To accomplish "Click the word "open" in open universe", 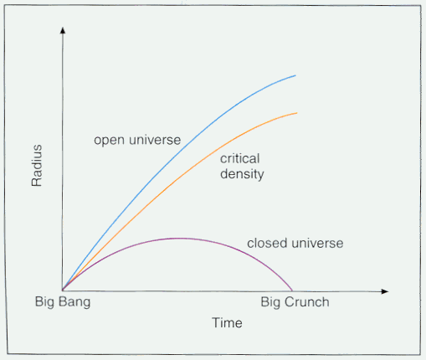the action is coord(109,141).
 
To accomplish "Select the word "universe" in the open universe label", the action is coord(155,140).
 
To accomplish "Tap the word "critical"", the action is coord(240,158).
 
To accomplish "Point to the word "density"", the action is coord(242,174).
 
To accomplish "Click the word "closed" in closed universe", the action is coord(267,243).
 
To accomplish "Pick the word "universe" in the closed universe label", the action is coord(317,243).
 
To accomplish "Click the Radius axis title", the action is coord(37,166).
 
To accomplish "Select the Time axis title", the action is coord(227,323).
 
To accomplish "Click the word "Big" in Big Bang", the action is coord(44,302).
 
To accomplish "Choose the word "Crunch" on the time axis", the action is coord(307,302).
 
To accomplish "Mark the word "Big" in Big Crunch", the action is coord(270,302).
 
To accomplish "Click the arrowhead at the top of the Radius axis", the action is coord(63,30).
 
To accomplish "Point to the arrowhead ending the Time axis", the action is coord(385,291).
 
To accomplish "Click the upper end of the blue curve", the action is coord(295,75).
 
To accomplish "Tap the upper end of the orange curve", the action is coord(297,113).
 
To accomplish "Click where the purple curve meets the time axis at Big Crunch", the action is coord(292,291).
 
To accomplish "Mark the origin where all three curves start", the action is coord(62,291).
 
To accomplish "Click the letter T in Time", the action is coord(216,322).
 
